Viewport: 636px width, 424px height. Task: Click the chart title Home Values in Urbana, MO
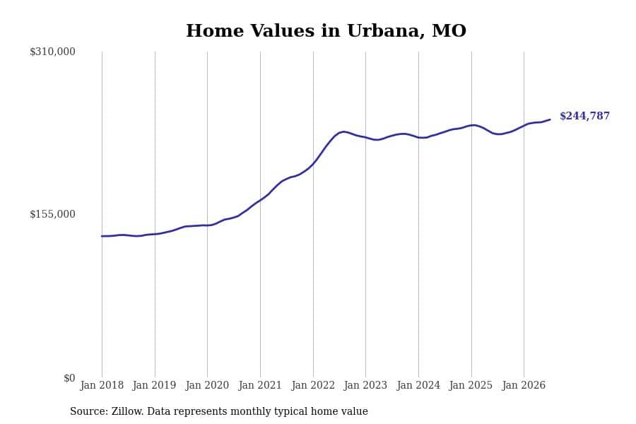(326, 31)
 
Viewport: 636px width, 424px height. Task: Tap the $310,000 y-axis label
(52, 52)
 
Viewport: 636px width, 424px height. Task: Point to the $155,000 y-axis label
(52, 214)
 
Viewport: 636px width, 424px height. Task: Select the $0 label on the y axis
(69, 378)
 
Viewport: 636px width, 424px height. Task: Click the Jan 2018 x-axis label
(102, 385)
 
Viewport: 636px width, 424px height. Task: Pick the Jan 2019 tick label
(155, 385)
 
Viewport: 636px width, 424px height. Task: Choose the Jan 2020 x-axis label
(207, 385)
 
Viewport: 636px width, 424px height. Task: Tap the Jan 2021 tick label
(260, 385)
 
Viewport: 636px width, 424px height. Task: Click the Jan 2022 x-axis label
(313, 385)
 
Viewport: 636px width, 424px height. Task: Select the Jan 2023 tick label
(365, 385)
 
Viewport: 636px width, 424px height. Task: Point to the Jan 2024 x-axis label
(418, 385)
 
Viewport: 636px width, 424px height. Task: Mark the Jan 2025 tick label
(471, 385)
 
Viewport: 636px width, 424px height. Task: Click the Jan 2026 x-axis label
(524, 385)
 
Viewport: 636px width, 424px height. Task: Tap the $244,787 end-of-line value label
(584, 116)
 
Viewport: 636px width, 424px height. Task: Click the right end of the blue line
(550, 119)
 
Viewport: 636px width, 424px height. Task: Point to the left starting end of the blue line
(102, 236)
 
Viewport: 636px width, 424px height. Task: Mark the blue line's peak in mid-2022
(343, 131)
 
